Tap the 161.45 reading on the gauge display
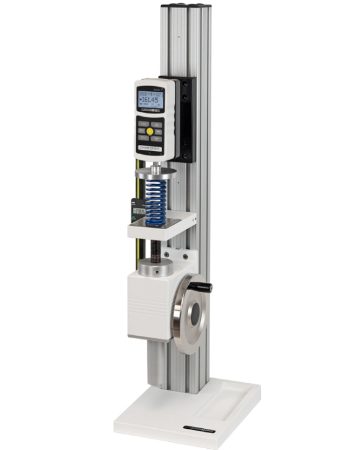[150, 100]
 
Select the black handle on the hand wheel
[203, 287]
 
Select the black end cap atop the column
[185, 8]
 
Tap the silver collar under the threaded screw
[155, 268]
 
